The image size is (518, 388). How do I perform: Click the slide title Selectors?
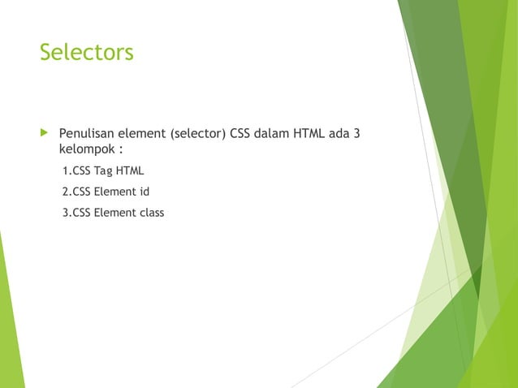[86, 53]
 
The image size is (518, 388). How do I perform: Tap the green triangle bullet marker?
[43, 132]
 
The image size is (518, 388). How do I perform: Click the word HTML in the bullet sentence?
[310, 133]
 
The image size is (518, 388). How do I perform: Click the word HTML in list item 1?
[130, 171]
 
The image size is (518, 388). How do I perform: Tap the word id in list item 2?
[144, 192]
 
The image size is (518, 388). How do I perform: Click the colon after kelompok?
[121, 151]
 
